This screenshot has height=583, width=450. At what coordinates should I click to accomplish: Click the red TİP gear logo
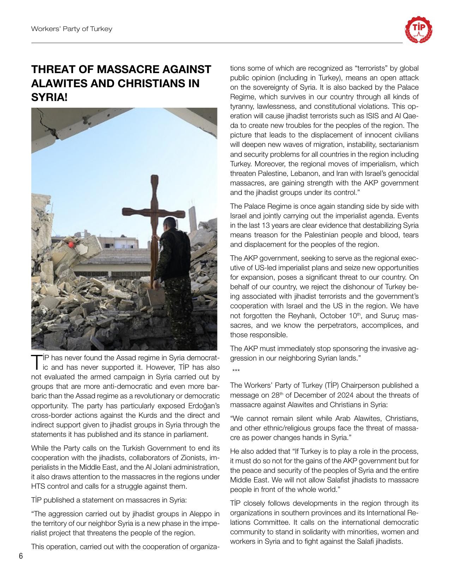pos(419,29)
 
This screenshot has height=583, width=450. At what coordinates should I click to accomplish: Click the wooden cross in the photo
pos(154,212)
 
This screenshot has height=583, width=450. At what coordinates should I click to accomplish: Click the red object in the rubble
pos(71,244)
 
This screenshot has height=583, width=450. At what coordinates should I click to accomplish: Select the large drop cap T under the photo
pos(36,361)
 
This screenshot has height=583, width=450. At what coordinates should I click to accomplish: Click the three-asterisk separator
pos(236,371)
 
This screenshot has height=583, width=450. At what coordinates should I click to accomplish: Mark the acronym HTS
pos(38,486)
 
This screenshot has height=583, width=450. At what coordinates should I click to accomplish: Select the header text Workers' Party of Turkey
pos(72,29)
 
